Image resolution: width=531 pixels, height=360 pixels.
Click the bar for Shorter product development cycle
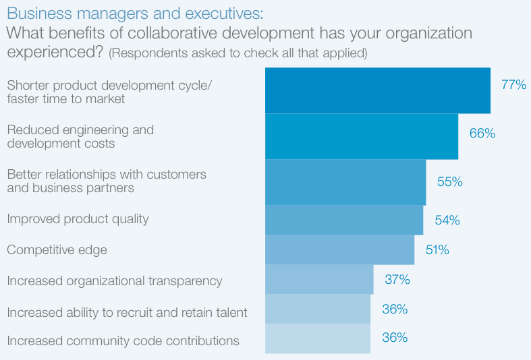tap(377, 90)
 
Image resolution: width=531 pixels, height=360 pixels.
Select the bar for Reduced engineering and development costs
tap(361, 136)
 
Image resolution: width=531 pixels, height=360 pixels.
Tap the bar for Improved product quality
tap(343, 220)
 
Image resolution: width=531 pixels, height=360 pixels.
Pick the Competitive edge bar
tap(339, 249)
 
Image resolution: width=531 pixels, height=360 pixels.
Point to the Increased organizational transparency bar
tap(318, 279)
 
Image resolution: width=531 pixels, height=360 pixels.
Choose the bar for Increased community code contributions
tap(317, 338)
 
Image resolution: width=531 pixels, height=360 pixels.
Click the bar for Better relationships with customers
tap(345, 182)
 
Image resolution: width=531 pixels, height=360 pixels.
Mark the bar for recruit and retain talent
tap(317, 309)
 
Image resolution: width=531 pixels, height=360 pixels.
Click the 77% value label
tap(513, 85)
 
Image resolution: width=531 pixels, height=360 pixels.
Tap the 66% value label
tap(482, 133)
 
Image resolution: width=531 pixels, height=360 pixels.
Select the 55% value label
tap(449, 181)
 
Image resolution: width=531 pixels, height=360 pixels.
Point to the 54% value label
tap(447, 220)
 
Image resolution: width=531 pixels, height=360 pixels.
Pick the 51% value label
tap(437, 250)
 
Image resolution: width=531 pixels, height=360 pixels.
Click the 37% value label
tap(397, 279)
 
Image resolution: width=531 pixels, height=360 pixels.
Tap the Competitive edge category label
tap(57, 250)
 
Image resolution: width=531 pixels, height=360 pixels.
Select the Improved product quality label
tap(78, 219)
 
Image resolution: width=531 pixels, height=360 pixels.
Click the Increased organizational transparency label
tap(114, 280)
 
